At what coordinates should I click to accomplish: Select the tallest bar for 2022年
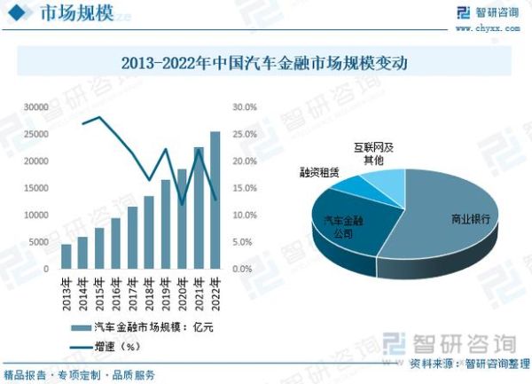coord(215,200)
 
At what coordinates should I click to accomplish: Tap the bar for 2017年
coord(132,238)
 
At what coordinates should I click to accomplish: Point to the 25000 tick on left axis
coord(35,134)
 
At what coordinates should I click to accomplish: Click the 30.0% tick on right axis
coord(244,107)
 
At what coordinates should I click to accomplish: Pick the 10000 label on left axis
coord(35,215)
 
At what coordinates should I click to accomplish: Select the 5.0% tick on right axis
coord(246,242)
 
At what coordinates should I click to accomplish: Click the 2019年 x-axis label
coord(165,292)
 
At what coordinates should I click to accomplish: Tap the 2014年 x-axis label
coord(82,292)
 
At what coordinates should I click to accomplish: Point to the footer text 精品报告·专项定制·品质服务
coord(80,374)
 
